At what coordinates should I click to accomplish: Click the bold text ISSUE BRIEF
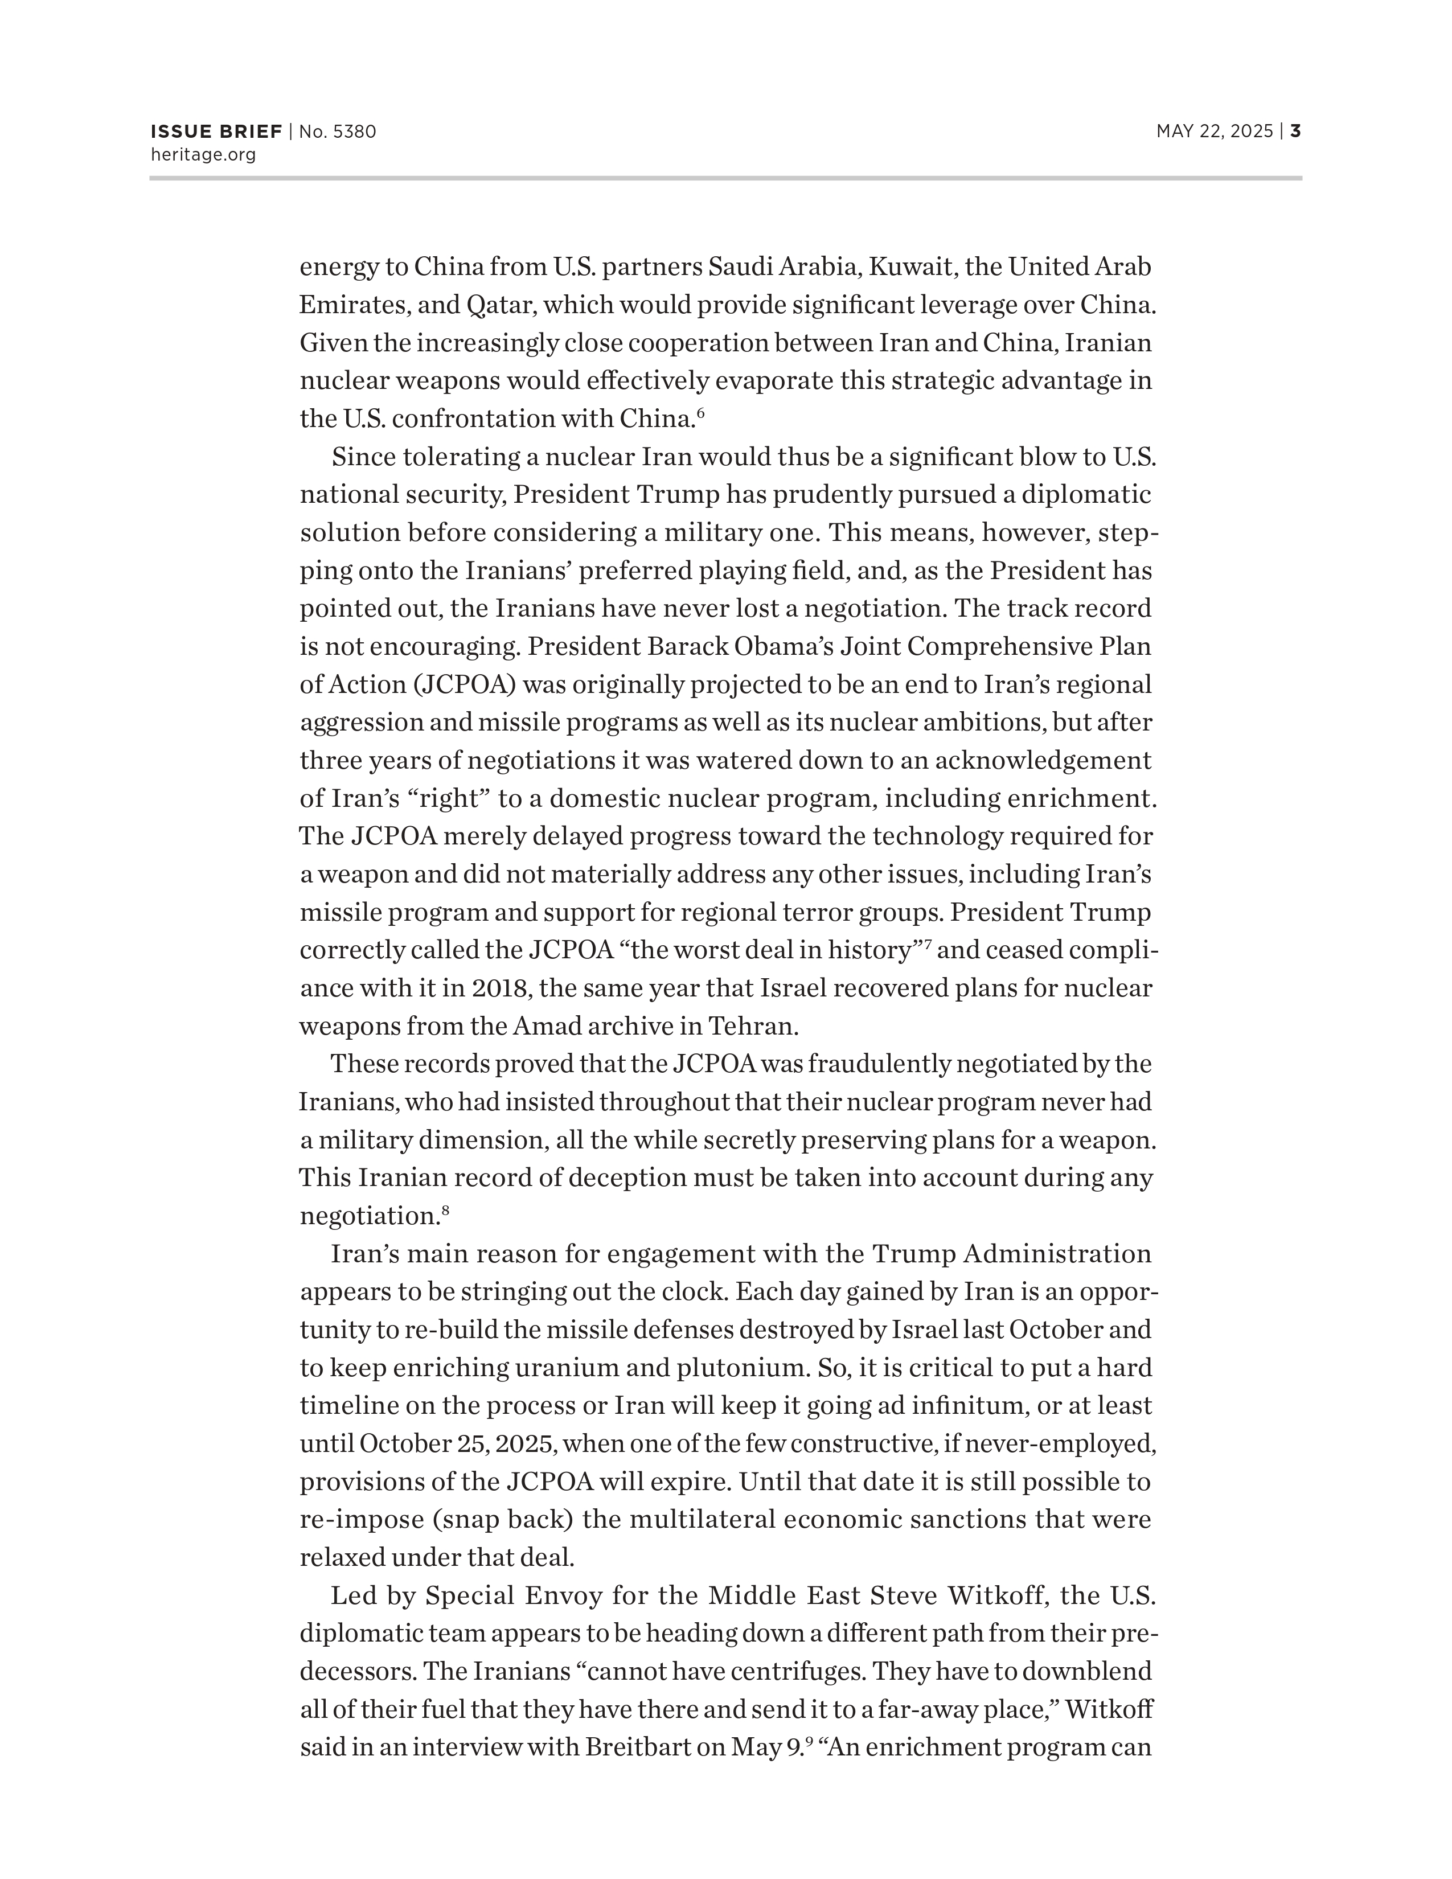216,132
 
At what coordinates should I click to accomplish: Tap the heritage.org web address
203,155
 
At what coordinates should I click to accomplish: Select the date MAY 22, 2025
1214,132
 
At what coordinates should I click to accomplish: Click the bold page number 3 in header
1295,132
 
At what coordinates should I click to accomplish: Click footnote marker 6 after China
701,413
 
